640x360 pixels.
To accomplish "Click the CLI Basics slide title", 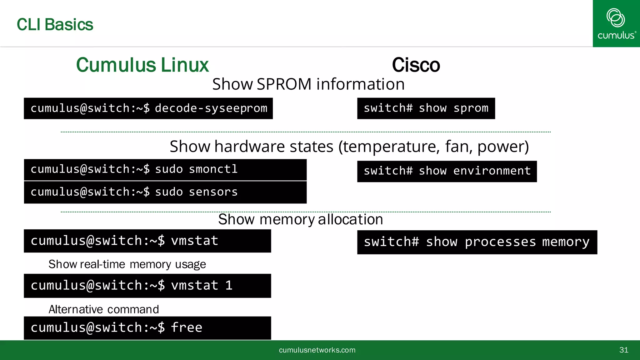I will [x=55, y=25].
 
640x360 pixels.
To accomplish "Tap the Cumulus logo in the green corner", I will [x=616, y=23].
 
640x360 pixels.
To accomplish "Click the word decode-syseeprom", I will [x=211, y=108].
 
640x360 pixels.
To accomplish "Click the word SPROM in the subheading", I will [x=284, y=84].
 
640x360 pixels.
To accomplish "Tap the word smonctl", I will [x=213, y=169].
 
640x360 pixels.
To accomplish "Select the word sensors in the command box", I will [x=213, y=192].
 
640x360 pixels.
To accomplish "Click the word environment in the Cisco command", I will [x=492, y=171].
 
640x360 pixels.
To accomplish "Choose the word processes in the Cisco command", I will [x=500, y=242].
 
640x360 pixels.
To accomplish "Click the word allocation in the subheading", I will [x=350, y=219].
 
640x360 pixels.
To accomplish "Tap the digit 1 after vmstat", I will [x=229, y=286].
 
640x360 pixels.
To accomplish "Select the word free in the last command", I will [x=187, y=328].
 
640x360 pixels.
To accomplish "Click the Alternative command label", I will [x=104, y=309].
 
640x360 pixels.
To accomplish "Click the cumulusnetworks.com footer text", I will [x=317, y=350].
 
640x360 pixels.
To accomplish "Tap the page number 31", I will [x=623, y=350].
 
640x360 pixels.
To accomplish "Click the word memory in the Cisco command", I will [x=566, y=242].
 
